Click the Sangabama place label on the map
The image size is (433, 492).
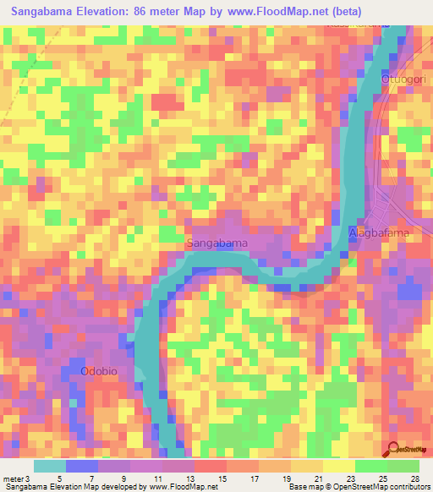point(216,243)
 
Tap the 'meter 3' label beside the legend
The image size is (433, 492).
point(15,478)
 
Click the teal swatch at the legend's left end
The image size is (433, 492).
point(50,466)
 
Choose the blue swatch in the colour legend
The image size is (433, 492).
point(82,466)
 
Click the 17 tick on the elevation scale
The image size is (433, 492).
point(257,478)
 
